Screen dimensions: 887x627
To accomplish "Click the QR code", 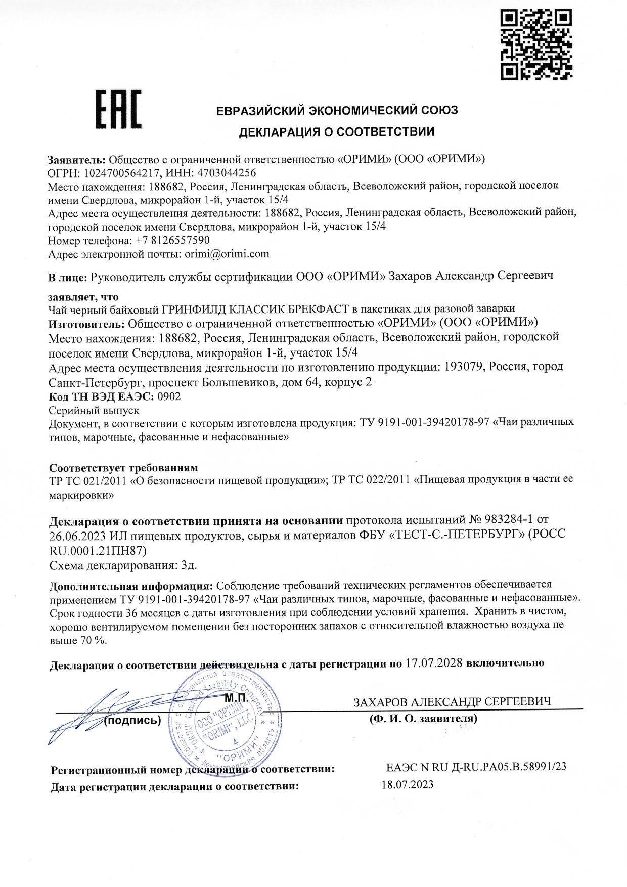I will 536,45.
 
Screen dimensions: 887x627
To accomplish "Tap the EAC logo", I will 119,109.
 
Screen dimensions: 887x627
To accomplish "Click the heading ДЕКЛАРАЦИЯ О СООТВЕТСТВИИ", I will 336,132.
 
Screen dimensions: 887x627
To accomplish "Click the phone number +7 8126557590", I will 172,240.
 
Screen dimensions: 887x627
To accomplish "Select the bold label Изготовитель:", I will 86,323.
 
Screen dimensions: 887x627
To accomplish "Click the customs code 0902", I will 169,396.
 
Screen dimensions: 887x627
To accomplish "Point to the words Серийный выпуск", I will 94,410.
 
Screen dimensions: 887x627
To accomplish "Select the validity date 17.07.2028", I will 434,662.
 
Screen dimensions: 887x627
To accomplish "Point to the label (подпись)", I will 132,720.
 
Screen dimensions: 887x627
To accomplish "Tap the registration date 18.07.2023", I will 407,785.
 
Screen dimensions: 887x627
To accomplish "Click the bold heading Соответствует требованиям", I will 123,467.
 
